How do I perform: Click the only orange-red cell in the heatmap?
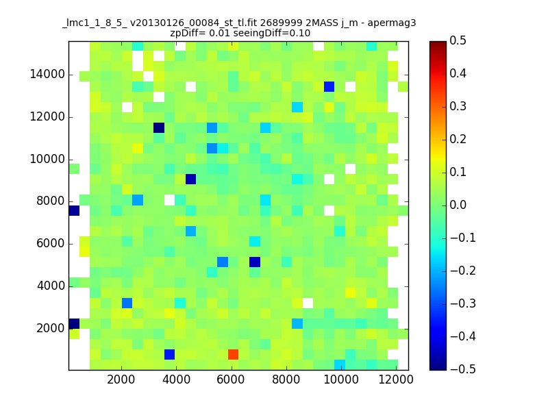[x=233, y=354]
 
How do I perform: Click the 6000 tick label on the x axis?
[x=232, y=380]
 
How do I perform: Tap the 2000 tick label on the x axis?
[x=121, y=380]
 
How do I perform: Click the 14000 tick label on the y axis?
[x=47, y=75]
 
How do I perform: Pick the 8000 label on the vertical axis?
[x=50, y=201]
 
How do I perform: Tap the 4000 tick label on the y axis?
[x=50, y=286]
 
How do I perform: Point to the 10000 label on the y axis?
[x=47, y=159]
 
